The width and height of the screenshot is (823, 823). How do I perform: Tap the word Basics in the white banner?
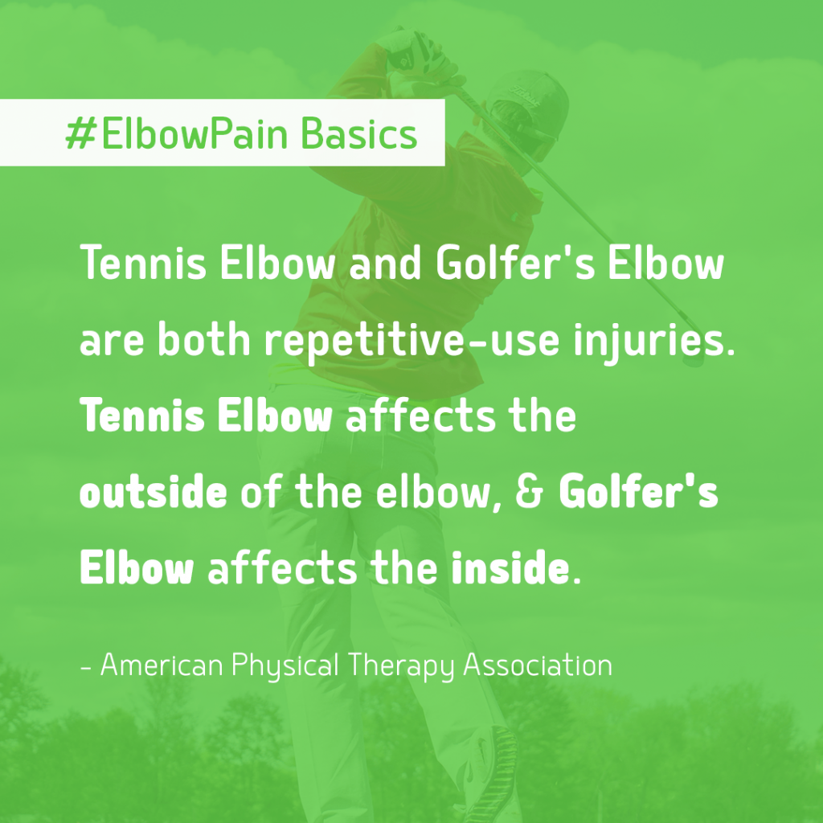coord(359,133)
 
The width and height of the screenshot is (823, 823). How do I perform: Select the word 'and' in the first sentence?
coord(385,263)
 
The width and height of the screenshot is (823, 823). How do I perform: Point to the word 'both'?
coord(204,339)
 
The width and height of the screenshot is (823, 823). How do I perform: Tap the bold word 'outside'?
coord(154,492)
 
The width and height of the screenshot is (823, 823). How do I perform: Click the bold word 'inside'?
coord(510,567)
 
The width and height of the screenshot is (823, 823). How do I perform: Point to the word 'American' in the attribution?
coord(161,665)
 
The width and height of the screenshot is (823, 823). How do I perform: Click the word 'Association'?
coord(538,665)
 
